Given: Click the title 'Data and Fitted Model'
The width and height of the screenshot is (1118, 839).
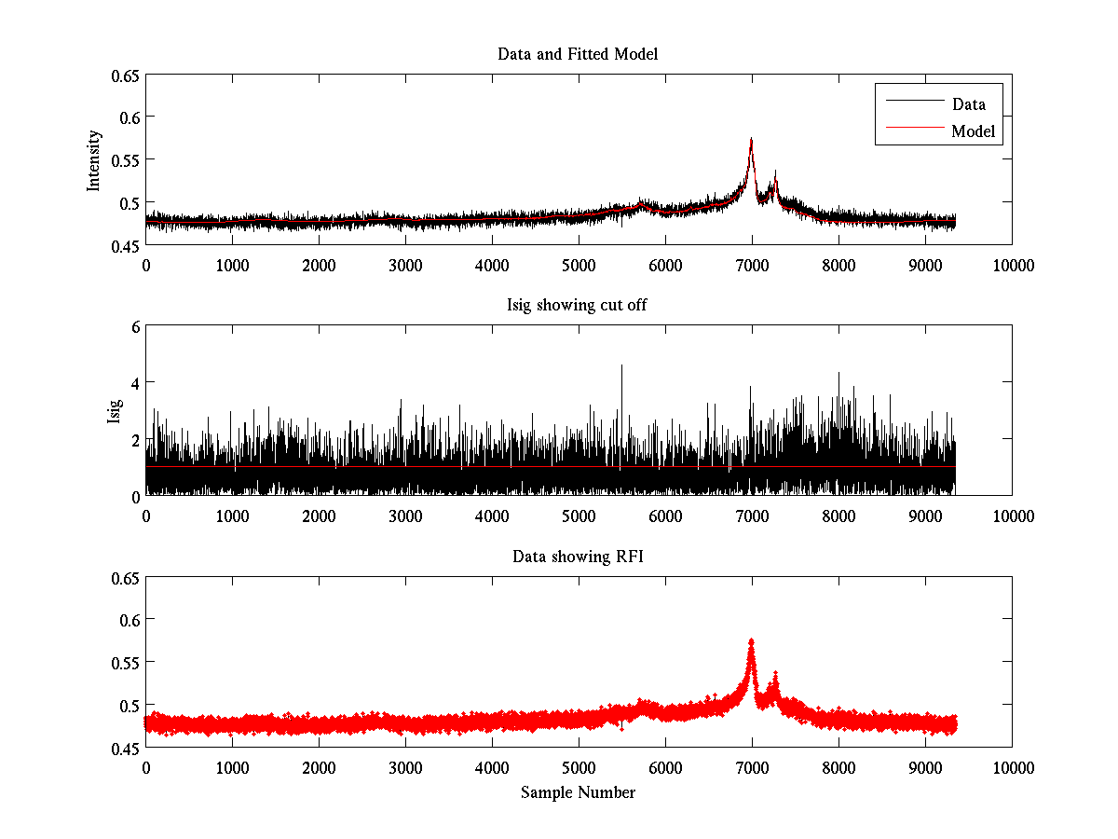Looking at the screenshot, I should (578, 54).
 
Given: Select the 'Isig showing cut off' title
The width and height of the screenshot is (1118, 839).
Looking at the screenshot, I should (578, 306).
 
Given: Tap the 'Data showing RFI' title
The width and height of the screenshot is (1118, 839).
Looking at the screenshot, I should (578, 557).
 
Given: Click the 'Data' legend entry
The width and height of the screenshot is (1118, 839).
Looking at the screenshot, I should (968, 104).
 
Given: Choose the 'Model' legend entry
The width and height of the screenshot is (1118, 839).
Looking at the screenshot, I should (973, 131).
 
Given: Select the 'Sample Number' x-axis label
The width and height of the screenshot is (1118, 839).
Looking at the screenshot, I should (578, 792).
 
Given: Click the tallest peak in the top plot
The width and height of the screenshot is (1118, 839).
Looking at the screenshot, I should (751, 140).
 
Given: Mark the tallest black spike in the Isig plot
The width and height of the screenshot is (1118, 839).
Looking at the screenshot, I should (621, 366).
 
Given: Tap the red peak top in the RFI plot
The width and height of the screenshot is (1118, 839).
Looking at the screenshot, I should (751, 640).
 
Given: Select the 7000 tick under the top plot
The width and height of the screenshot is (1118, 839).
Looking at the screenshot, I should (752, 265).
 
